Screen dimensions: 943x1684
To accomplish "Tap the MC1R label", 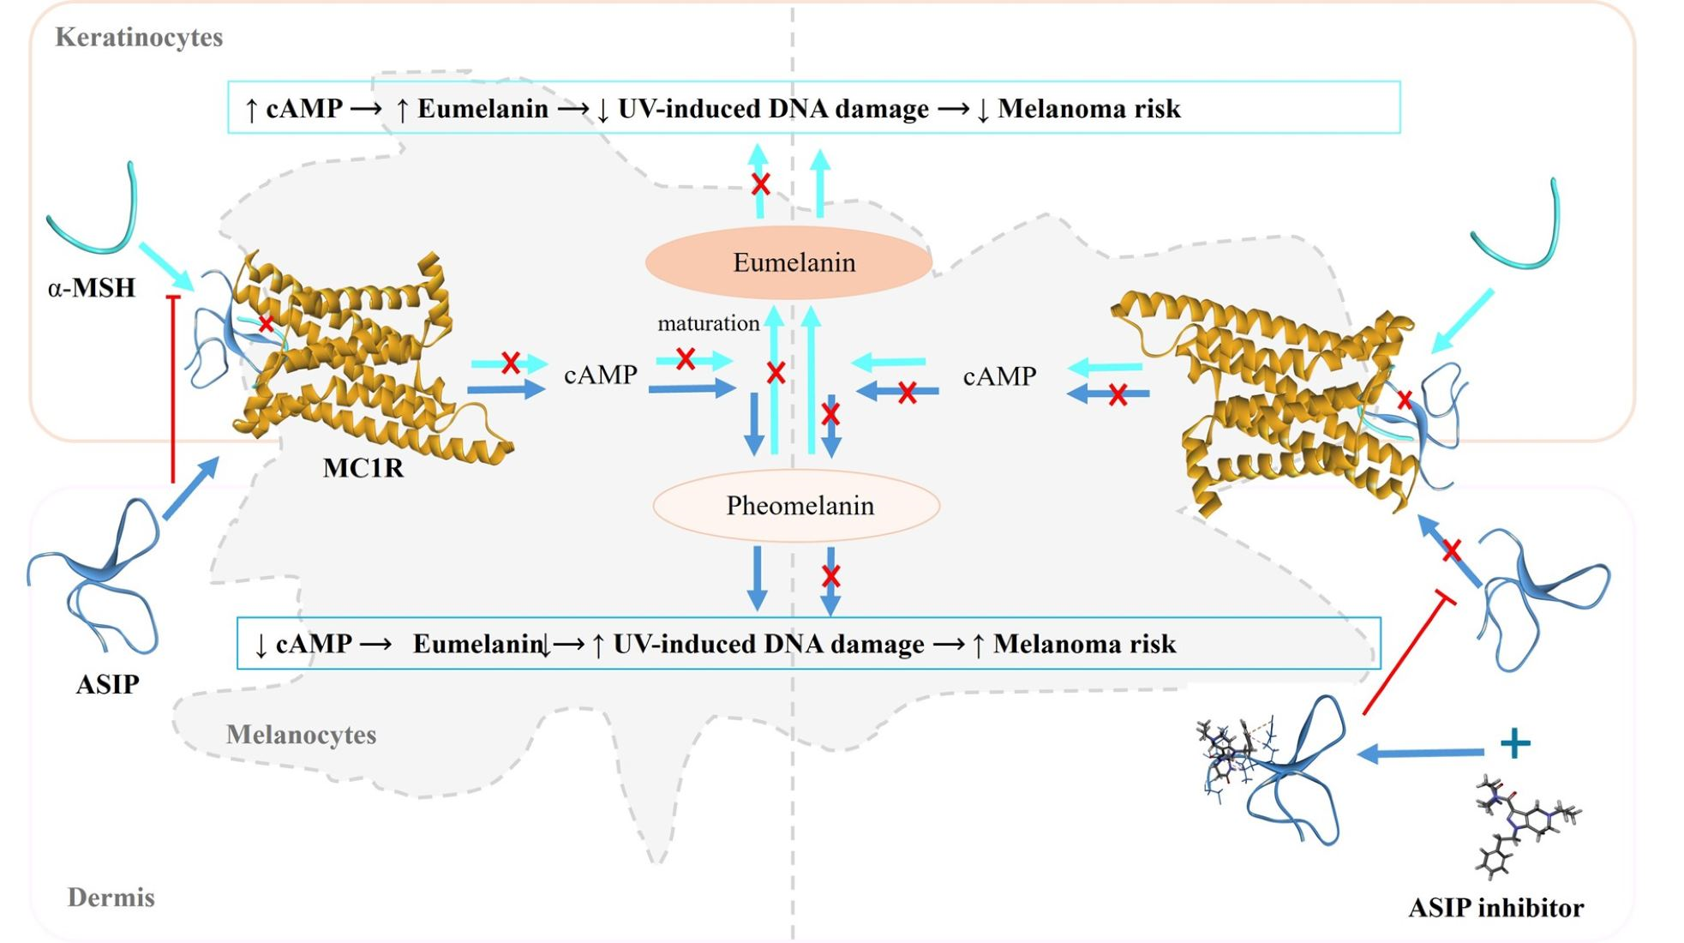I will pyautogui.click(x=363, y=468).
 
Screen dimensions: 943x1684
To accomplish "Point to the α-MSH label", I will pyautogui.click(x=92, y=287).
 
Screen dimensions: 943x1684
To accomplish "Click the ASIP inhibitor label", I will pyautogui.click(x=1495, y=907).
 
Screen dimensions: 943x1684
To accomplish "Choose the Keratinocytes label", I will pyautogui.click(x=139, y=37).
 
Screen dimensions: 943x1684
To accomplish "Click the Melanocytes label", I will pyautogui.click(x=301, y=735).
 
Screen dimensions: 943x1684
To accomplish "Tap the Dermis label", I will pyautogui.click(x=111, y=898).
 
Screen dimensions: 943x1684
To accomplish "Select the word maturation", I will pyautogui.click(x=708, y=323).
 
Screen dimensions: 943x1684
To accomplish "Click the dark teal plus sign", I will pyautogui.click(x=1515, y=742).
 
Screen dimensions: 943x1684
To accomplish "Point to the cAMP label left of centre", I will pyautogui.click(x=600, y=375).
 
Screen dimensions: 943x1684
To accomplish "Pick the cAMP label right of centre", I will pyautogui.click(x=999, y=376).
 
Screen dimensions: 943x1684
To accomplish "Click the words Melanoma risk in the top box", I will pyautogui.click(x=1089, y=109).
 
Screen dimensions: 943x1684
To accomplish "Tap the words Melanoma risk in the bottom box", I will pyautogui.click(x=1084, y=644).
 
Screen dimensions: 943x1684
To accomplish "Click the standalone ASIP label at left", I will pyautogui.click(x=107, y=684).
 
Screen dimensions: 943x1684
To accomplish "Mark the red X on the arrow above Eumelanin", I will pyautogui.click(x=760, y=183).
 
